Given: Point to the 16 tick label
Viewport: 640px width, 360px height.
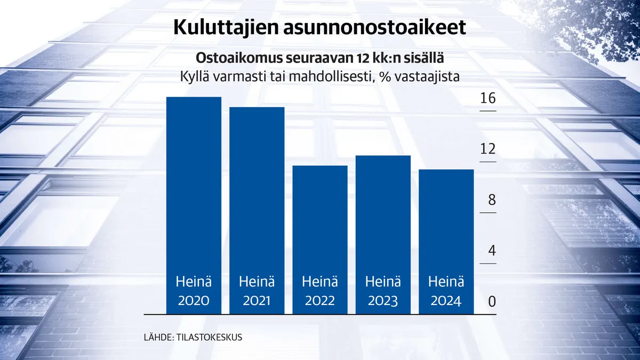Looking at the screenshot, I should pyautogui.click(x=487, y=99).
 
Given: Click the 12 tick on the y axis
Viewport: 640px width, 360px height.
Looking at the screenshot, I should pyautogui.click(x=487, y=150).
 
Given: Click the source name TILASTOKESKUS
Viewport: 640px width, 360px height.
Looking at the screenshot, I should pyautogui.click(x=209, y=338).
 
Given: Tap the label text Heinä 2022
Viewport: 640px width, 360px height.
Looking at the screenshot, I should pyautogui.click(x=320, y=291).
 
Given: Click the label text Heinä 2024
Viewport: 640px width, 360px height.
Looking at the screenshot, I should pyautogui.click(x=446, y=291).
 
